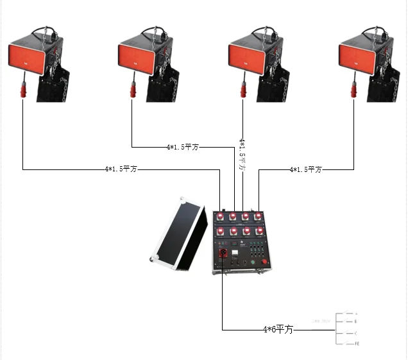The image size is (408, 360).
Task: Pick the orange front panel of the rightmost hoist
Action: (x=357, y=58)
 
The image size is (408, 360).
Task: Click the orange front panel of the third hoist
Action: (x=246, y=58)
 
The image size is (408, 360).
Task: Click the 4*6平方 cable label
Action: (x=278, y=330)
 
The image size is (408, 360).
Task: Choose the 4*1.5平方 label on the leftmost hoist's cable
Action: (x=121, y=169)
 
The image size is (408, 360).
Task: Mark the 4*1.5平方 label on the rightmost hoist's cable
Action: (x=305, y=169)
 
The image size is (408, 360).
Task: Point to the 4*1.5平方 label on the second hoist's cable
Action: (x=182, y=147)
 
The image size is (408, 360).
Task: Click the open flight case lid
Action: (x=179, y=230)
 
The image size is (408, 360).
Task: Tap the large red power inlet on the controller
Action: (x=223, y=253)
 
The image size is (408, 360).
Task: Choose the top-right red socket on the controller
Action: (x=259, y=216)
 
